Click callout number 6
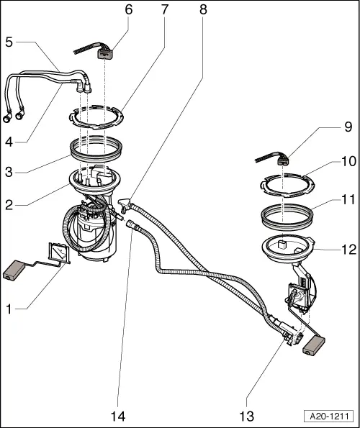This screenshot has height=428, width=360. (x=128, y=10)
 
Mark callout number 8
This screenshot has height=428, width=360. (x=203, y=10)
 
